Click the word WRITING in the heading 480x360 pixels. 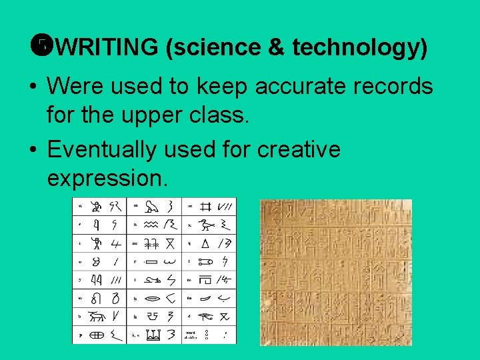[x=107, y=47]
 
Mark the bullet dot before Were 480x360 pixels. [x=32, y=87]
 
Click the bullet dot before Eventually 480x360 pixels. [x=32, y=149]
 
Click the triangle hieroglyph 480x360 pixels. [x=205, y=243]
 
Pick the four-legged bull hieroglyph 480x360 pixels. [x=98, y=316]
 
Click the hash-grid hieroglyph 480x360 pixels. [x=205, y=207]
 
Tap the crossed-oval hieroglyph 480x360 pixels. [x=98, y=335]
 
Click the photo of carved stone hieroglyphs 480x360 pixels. [x=335, y=271]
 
